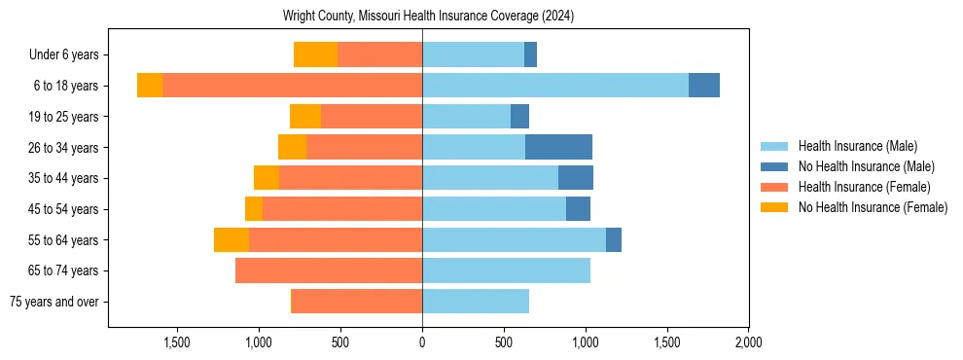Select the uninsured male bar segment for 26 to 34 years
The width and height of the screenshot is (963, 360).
558,147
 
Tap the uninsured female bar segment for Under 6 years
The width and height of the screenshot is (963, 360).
315,54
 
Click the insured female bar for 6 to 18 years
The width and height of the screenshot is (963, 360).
292,86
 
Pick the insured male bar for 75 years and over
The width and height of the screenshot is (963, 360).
476,302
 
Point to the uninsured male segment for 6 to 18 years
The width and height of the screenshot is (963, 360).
704,86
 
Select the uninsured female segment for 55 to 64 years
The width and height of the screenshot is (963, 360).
232,239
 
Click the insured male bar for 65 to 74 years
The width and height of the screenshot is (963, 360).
506,270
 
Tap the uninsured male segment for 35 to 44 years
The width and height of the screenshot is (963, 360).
576,178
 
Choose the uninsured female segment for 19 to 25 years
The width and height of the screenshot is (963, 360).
305,117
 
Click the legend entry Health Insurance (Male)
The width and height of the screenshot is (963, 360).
857,146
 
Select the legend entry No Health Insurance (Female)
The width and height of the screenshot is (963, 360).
873,207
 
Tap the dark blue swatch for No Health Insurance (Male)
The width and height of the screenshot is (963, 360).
775,166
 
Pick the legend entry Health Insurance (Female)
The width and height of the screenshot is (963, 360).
864,187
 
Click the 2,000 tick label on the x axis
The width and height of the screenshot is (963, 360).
748,342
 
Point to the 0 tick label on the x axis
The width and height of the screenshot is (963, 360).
422,342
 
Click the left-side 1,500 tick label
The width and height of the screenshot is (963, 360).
177,342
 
